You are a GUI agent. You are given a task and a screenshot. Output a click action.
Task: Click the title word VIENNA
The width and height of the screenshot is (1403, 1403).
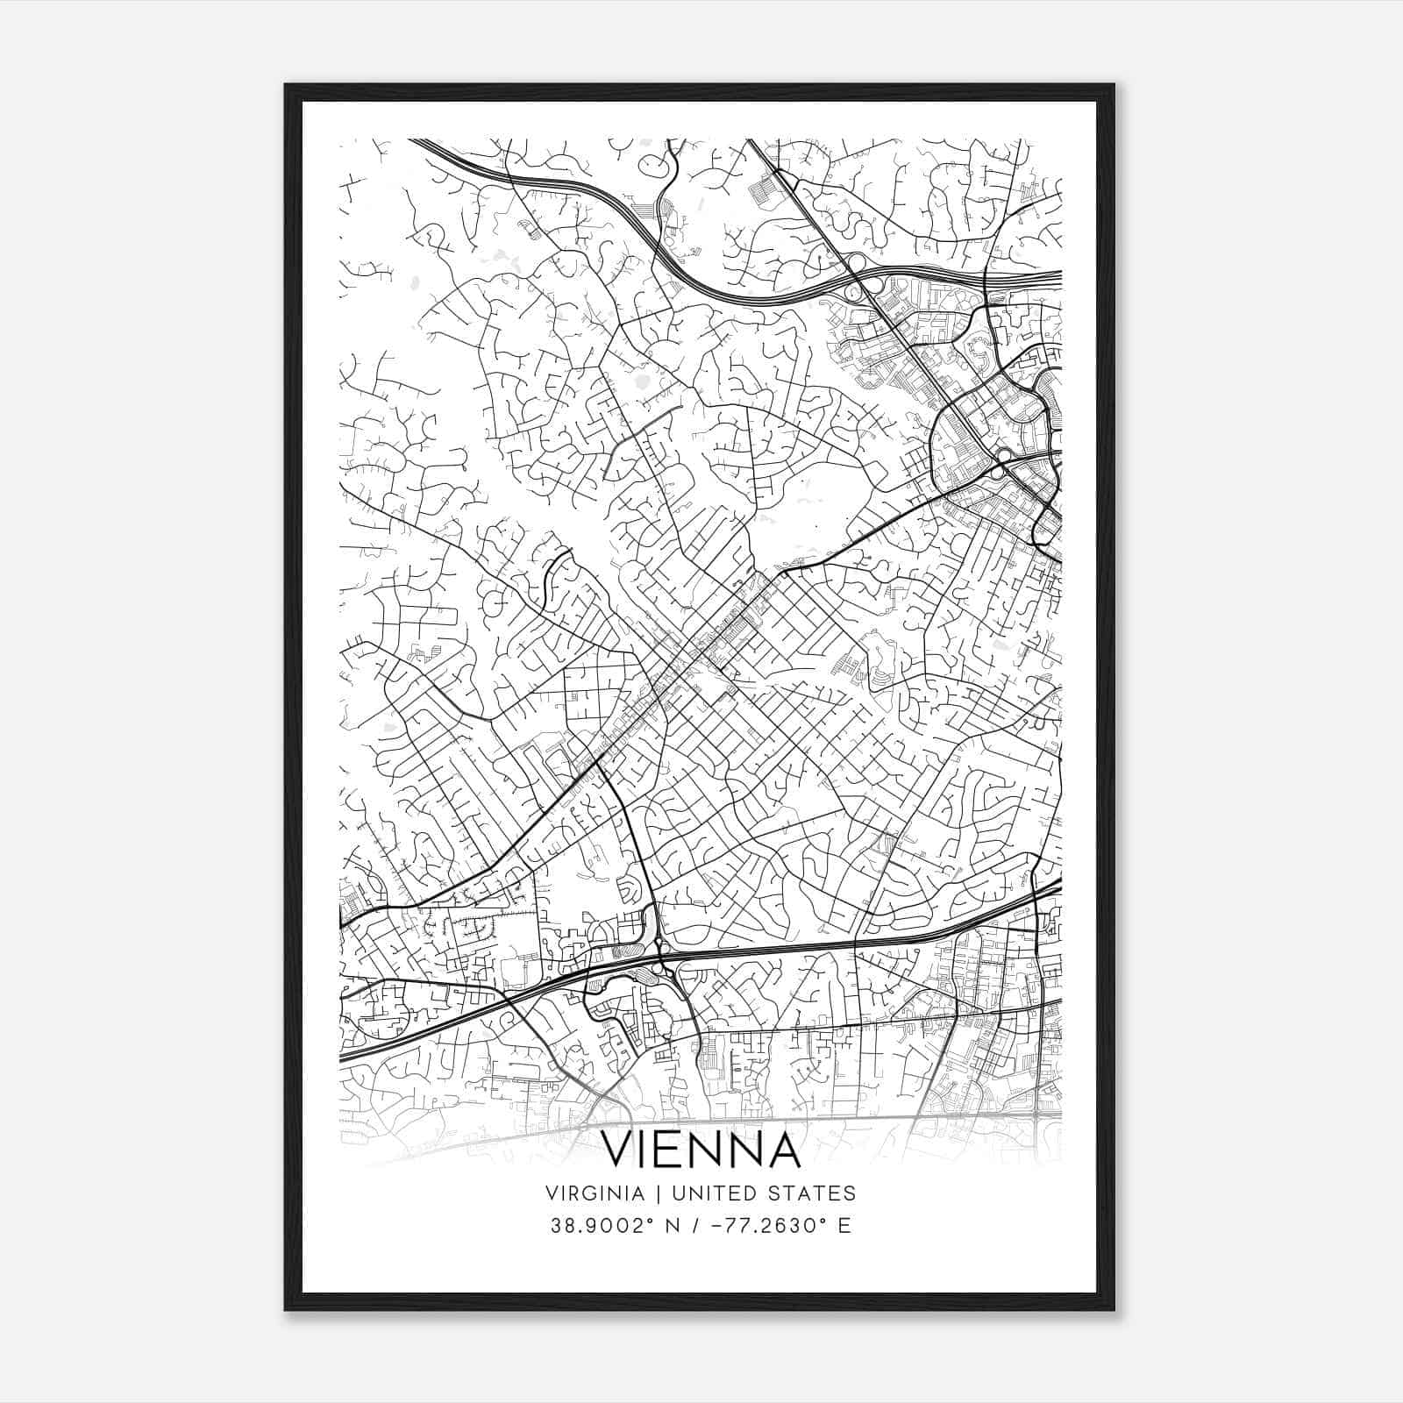tap(701, 1150)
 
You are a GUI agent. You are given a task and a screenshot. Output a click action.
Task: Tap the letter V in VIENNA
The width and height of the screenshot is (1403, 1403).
tap(621, 1150)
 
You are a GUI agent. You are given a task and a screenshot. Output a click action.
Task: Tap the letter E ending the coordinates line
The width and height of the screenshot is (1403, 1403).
tap(844, 1226)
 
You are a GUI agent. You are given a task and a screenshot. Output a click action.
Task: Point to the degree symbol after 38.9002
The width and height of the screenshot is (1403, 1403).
tap(634, 1220)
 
